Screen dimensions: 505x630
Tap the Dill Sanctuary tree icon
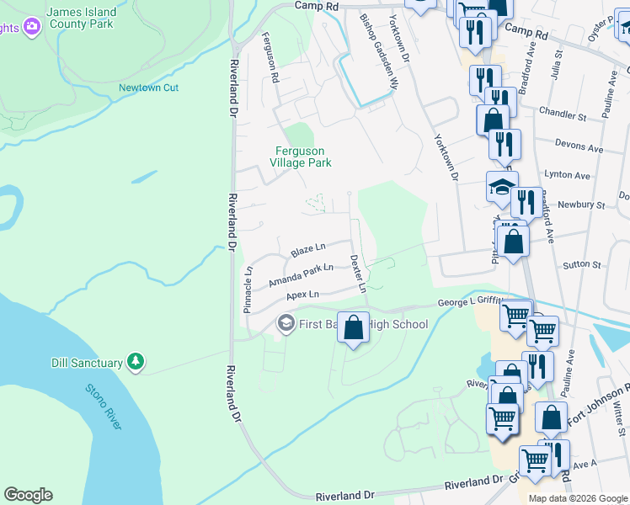pyautogui.click(x=136, y=362)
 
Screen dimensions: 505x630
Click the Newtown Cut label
pyautogui.click(x=148, y=88)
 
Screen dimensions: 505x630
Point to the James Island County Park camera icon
pyautogui.click(x=32, y=27)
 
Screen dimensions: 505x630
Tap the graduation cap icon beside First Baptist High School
pyautogui.click(x=285, y=323)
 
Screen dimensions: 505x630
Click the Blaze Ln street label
pyautogui.click(x=307, y=250)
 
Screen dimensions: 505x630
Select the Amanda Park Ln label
pyautogui.click(x=301, y=273)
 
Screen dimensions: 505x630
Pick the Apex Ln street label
pyautogui.click(x=302, y=295)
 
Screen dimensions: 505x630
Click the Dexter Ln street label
pyautogui.click(x=358, y=274)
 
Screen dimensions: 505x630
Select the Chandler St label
pyautogui.click(x=563, y=114)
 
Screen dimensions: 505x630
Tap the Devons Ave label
pyautogui.click(x=585, y=148)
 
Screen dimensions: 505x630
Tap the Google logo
pyautogui.click(x=28, y=495)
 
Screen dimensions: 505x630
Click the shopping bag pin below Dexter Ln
pyautogui.click(x=354, y=326)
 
